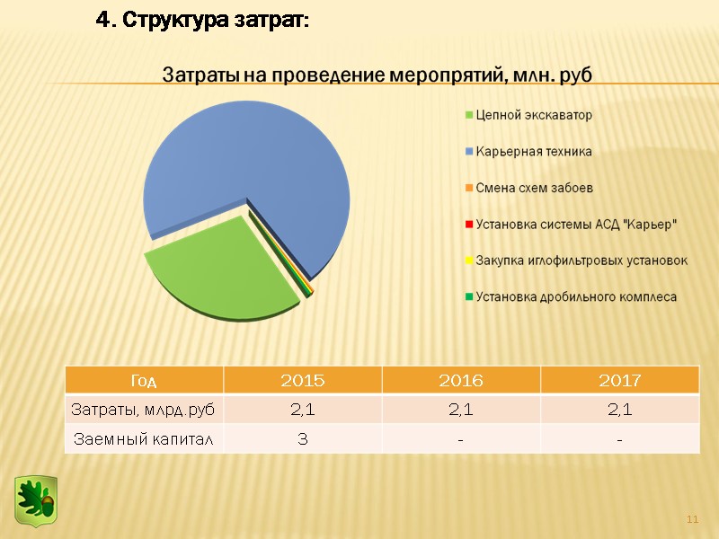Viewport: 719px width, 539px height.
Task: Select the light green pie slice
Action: tap(216, 274)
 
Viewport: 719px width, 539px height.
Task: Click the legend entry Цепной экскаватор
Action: tap(534, 115)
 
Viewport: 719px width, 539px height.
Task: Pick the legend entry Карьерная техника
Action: tap(534, 151)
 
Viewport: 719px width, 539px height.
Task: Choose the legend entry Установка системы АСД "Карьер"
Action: tap(576, 224)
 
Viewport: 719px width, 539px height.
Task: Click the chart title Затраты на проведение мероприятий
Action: tap(377, 75)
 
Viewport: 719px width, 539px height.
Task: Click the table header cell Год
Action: tap(144, 381)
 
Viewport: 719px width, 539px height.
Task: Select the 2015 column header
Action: tap(303, 381)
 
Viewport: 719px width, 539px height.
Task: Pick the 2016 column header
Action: tap(460, 381)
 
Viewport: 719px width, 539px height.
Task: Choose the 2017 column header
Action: tap(619, 381)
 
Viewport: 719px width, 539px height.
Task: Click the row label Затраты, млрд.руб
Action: tap(144, 410)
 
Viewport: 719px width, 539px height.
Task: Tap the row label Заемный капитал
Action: tap(144, 439)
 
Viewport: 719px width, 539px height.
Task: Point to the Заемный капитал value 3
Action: tap(303, 439)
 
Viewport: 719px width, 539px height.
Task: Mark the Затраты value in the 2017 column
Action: tap(619, 410)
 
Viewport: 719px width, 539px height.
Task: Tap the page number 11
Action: tap(692, 520)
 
